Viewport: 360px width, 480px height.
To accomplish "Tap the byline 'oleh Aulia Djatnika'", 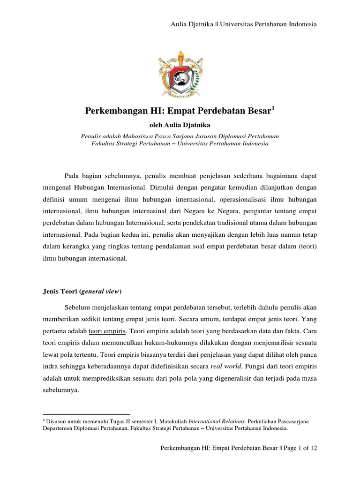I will pyautogui.click(x=180, y=125).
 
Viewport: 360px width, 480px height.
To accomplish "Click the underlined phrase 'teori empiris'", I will pyautogui.click(x=107, y=331).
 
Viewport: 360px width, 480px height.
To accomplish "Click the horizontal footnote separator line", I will pyautogui.click(x=86, y=414).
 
